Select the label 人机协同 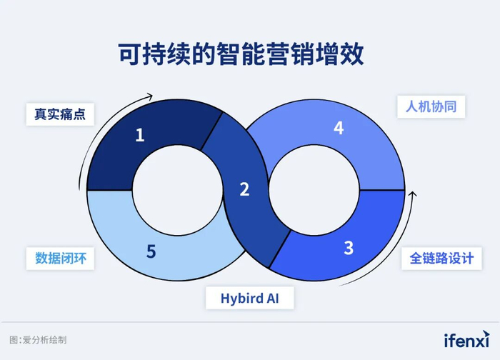point(431,108)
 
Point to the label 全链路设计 point(441,258)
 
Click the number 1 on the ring point(140,134)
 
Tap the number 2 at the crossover point(244,189)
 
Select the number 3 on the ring point(349,248)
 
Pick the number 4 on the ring point(339,129)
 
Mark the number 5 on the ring point(151,251)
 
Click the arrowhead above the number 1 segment point(150,96)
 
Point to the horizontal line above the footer point(250,322)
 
